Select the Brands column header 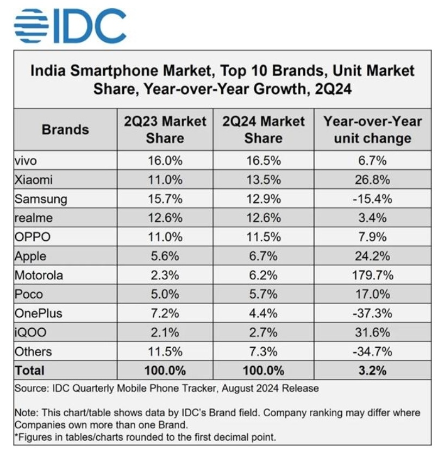[x=65, y=130]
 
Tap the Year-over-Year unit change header [x=372, y=130]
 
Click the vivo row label [x=27, y=160]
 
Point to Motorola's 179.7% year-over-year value [x=372, y=275]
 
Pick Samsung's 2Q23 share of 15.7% [x=165, y=198]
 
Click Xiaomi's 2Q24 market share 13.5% [x=263, y=179]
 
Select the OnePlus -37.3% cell [x=372, y=314]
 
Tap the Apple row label [x=31, y=256]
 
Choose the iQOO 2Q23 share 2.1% [x=165, y=333]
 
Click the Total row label [x=30, y=371]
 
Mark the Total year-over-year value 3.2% [x=372, y=371]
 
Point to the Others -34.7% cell [x=372, y=352]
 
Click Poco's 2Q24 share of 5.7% [x=263, y=294]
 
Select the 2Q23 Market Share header [x=165, y=130]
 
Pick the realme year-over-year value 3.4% [x=372, y=218]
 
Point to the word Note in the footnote [x=26, y=413]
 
